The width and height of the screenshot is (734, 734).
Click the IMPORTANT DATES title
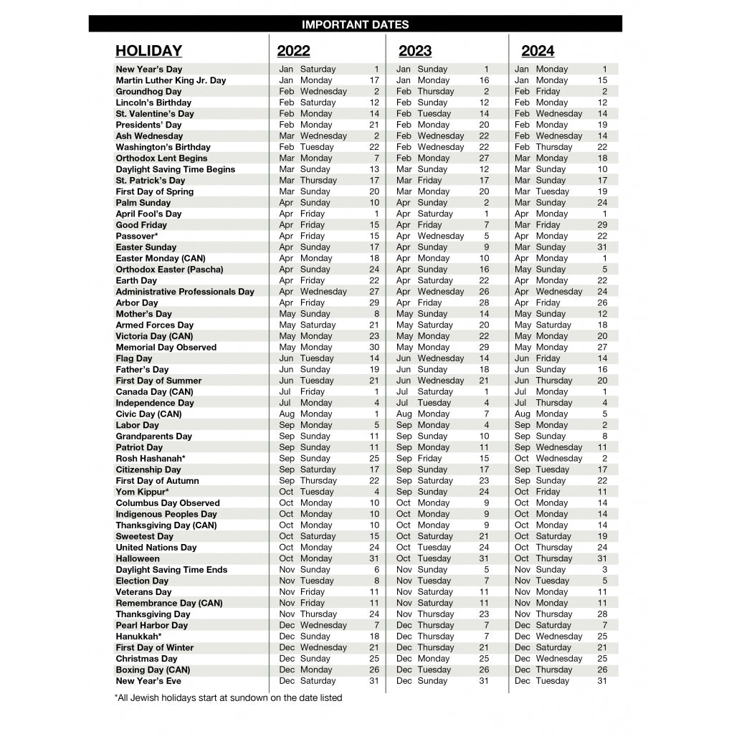[x=355, y=24]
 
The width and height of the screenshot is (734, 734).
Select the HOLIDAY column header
[x=148, y=51]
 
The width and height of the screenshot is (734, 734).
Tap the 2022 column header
[x=293, y=51]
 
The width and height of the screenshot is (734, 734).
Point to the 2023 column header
[x=415, y=51]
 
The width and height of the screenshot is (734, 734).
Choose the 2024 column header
[x=538, y=51]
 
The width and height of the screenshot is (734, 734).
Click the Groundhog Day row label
[x=148, y=92]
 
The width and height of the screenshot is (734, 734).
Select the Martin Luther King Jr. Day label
[x=171, y=80]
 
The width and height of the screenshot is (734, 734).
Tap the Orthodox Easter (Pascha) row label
[x=169, y=270]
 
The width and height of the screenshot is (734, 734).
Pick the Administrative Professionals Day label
[x=185, y=292]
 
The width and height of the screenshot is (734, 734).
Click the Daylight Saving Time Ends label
[x=171, y=570]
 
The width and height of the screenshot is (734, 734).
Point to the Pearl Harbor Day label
[x=151, y=626]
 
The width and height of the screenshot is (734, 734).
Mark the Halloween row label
[x=138, y=559]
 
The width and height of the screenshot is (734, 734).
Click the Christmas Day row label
[x=146, y=659]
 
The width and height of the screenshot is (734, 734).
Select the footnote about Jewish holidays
[x=228, y=697]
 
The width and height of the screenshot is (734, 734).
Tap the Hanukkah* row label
[x=138, y=637]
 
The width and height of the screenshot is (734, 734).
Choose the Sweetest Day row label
[x=144, y=537]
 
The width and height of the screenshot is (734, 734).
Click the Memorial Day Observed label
[x=166, y=348]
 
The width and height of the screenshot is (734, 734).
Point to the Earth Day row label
[x=136, y=281]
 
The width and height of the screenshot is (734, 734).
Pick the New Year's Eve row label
[x=148, y=681]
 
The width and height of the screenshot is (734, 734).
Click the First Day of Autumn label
[x=157, y=481]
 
